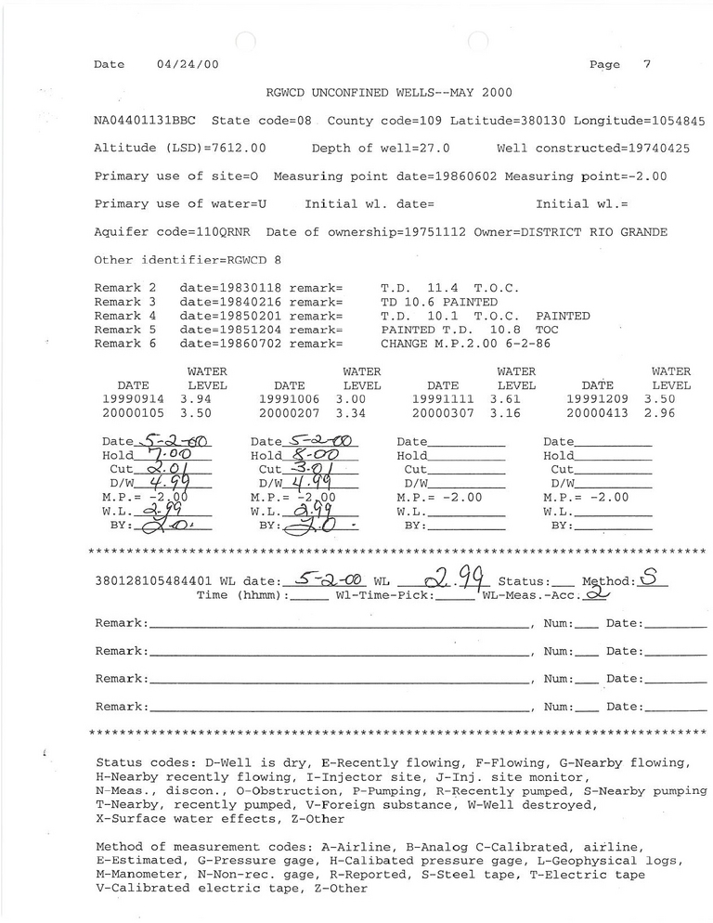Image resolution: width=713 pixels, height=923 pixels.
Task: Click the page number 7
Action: (x=646, y=65)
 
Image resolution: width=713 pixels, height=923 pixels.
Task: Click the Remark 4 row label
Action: (x=124, y=316)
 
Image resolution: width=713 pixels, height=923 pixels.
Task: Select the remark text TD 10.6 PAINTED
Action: (x=439, y=302)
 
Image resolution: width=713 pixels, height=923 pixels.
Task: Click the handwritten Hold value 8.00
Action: (x=311, y=455)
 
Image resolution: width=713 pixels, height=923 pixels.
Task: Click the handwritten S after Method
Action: (x=649, y=579)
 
